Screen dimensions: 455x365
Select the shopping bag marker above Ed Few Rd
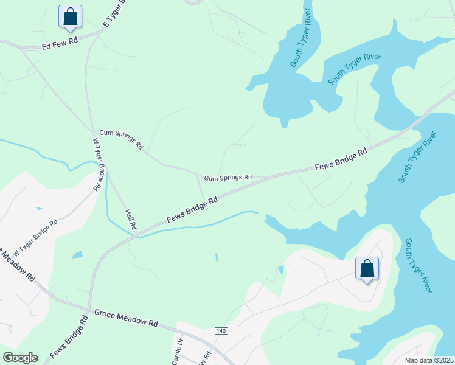coord(70,16)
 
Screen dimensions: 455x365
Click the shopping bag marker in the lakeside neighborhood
coord(367,268)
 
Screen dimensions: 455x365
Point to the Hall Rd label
coord(131,220)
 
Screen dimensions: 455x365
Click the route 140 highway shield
coord(221,331)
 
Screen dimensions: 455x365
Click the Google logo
coord(20,358)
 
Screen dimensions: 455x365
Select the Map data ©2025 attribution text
coord(429,360)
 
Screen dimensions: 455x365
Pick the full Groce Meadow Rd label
coord(125,317)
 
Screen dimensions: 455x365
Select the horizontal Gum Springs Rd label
coord(227,178)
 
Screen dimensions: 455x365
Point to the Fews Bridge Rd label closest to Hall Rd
coord(192,210)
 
